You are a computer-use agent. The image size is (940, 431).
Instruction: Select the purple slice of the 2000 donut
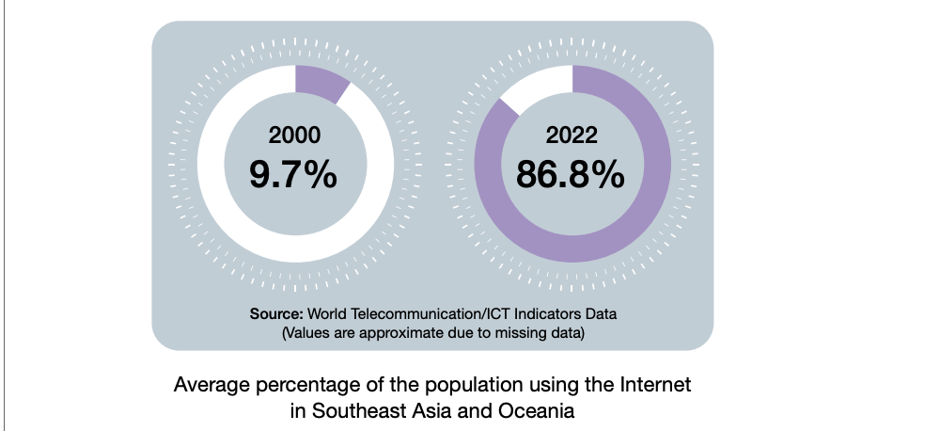[321, 81]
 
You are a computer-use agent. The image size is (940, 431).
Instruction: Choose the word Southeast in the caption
[352, 410]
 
